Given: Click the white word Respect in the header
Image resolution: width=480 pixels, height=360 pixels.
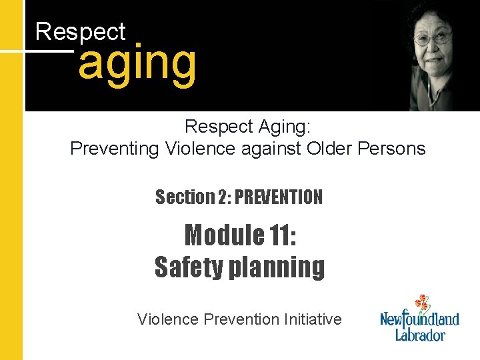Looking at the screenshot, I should click(80, 31).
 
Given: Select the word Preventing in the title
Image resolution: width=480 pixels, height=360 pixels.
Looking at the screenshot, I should click(114, 148).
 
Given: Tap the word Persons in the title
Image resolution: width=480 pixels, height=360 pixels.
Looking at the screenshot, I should click(393, 148).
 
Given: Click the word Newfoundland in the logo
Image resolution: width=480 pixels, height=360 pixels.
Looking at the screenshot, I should click(420, 318).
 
